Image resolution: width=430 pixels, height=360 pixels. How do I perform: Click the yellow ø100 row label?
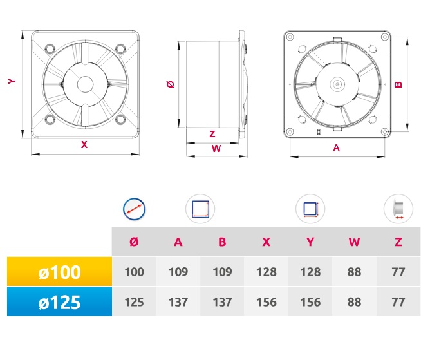click(59, 272)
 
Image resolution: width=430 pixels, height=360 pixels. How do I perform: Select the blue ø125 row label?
click(59, 302)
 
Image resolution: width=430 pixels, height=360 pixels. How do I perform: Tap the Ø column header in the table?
click(134, 242)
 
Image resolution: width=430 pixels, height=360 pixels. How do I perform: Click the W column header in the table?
click(354, 242)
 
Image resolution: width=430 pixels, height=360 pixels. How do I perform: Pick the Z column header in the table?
click(398, 242)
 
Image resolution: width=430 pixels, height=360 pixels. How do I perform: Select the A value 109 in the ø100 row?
click(178, 272)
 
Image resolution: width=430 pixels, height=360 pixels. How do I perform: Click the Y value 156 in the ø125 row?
click(310, 302)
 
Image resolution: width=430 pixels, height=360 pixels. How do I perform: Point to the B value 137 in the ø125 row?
click(222, 302)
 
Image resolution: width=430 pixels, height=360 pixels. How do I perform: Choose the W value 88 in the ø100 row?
click(354, 272)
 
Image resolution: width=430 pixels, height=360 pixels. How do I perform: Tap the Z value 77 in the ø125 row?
click(398, 302)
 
